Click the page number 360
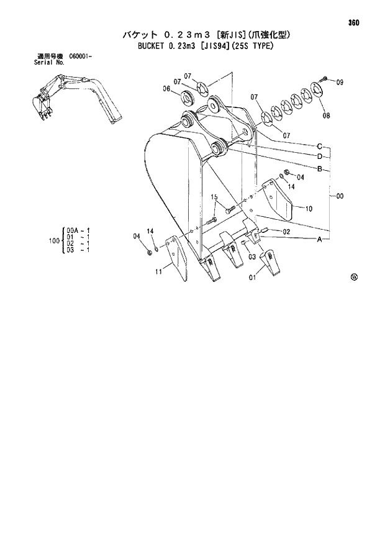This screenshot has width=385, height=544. pyautogui.click(x=355, y=23)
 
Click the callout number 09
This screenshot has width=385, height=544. pyautogui.click(x=339, y=82)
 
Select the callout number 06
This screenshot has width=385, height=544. pyautogui.click(x=166, y=89)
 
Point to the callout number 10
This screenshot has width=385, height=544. pyautogui.click(x=309, y=208)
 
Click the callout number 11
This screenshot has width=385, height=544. pyautogui.click(x=159, y=271)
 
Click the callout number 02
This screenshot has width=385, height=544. pyautogui.click(x=286, y=232)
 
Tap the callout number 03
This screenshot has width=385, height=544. pyautogui.click(x=253, y=256)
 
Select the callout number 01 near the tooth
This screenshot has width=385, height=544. pyautogui.click(x=253, y=278)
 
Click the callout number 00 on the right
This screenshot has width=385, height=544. pyautogui.click(x=340, y=196)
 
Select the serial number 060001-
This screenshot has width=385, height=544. pyautogui.click(x=81, y=57)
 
